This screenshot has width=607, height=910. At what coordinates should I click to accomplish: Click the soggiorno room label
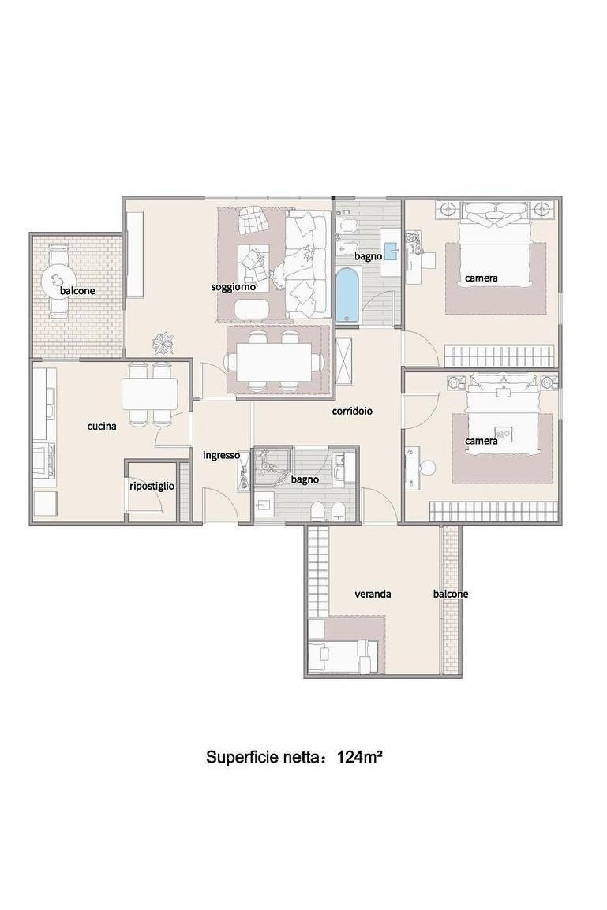point(233,287)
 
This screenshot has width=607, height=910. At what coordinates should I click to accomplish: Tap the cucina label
point(102,426)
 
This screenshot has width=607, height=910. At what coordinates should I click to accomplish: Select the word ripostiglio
point(152,487)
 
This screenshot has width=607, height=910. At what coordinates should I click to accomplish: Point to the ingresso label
point(221,456)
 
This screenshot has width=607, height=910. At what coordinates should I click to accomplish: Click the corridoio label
point(352,412)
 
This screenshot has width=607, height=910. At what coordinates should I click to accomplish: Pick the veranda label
point(373,595)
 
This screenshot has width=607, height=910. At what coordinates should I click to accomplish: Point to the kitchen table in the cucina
point(149,395)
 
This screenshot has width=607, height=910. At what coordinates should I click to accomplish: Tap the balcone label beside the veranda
point(451,595)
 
